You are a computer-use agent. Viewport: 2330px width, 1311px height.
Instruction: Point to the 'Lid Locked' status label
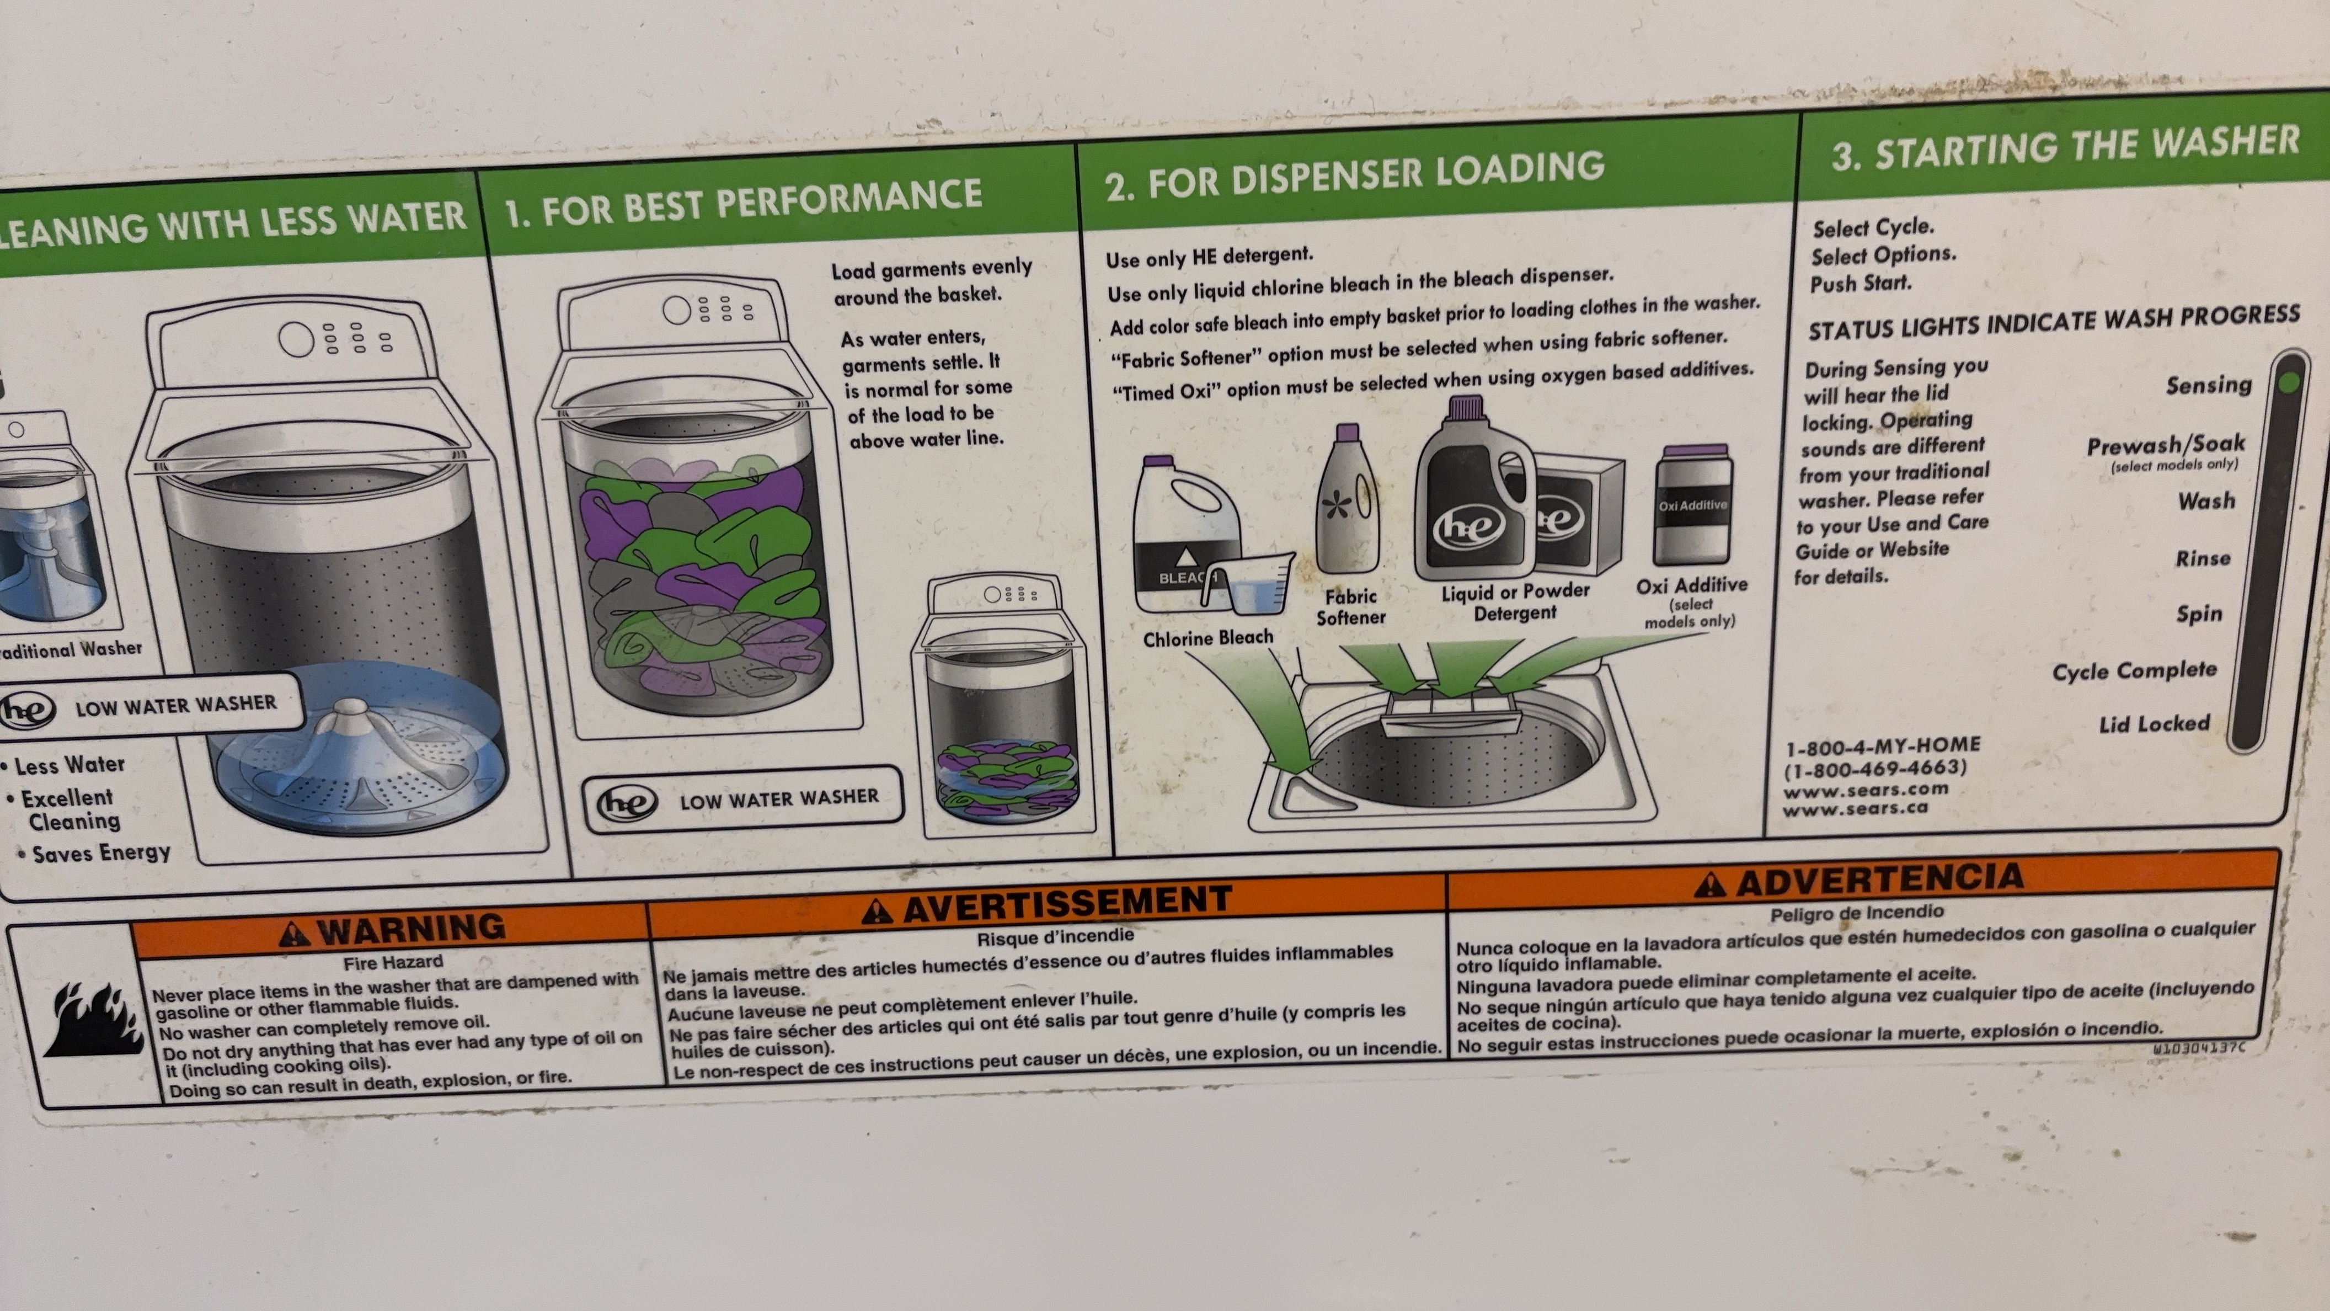point(2155,724)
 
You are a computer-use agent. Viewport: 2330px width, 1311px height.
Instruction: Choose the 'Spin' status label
point(2199,614)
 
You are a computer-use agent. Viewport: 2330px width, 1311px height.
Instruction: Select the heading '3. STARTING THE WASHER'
point(2065,147)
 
